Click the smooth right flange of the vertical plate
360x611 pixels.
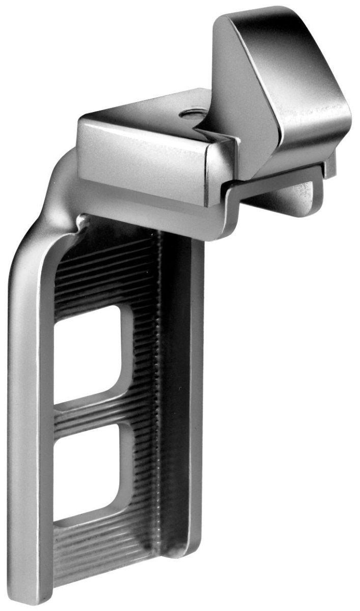pyautogui.click(x=196, y=407)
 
